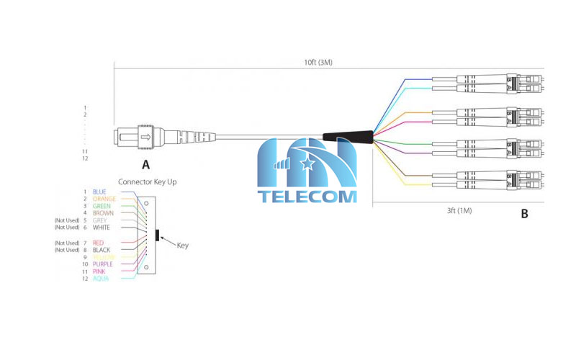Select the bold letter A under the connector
click(x=146, y=163)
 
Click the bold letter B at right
click(x=524, y=214)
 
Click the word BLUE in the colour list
click(x=99, y=192)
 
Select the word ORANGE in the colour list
click(x=104, y=199)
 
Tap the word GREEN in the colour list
click(x=102, y=206)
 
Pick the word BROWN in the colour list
click(x=103, y=213)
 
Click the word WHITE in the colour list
click(x=102, y=228)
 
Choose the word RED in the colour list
click(x=98, y=243)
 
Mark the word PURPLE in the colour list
click(x=103, y=264)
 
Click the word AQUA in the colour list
click(x=100, y=279)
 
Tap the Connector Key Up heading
click(x=147, y=182)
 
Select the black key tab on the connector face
click(x=157, y=235)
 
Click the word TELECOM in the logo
click(x=307, y=196)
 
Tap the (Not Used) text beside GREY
click(x=67, y=220)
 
